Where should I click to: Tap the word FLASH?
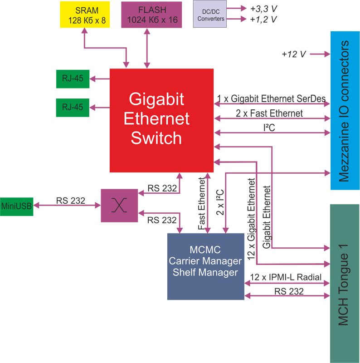coord(151,10)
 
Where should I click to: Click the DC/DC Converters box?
coord(209,15)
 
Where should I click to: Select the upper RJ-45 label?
coord(73,78)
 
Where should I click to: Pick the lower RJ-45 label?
coord(73,107)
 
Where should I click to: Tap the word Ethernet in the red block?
coord(156,118)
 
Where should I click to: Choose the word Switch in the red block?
coord(156,137)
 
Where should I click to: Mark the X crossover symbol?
coord(119,205)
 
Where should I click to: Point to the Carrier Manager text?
coord(205,261)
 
